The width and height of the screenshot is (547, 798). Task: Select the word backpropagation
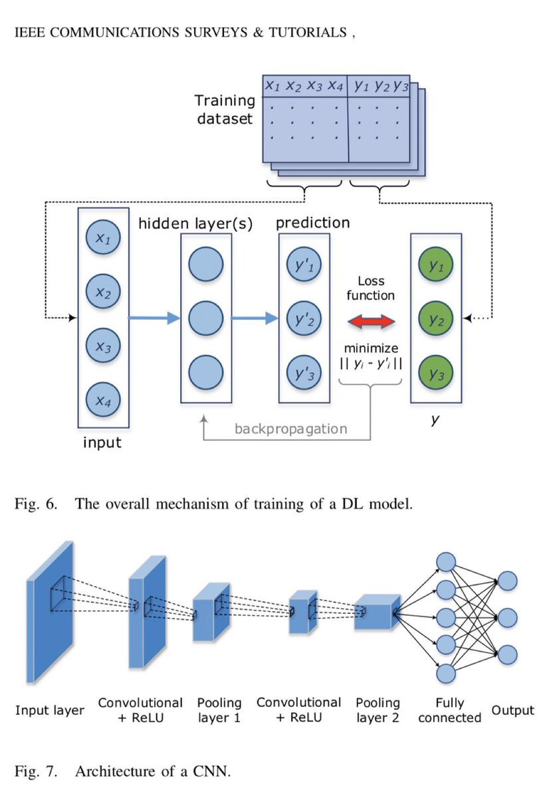point(290,428)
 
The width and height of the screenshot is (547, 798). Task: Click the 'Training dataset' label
point(225,110)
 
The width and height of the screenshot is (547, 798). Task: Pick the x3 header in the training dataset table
point(314,85)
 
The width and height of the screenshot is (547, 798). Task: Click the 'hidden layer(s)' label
point(195,223)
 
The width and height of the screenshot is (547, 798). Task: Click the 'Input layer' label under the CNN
point(50,711)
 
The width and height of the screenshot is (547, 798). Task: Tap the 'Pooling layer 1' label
point(219,710)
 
